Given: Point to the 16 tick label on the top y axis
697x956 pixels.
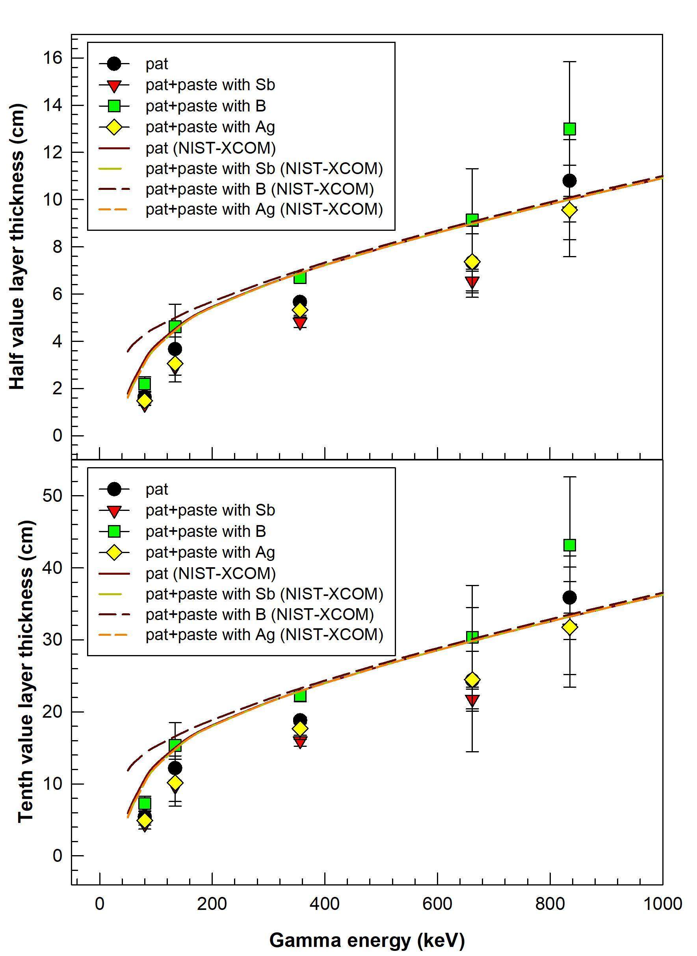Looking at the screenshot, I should click(52, 58).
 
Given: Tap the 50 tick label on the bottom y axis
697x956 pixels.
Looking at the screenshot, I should click(52, 495).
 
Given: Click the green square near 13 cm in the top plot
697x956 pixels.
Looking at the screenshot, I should click(570, 129).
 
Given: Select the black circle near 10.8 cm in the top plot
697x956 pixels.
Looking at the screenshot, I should click(570, 181).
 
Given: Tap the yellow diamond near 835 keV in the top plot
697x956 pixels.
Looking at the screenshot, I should click(570, 210).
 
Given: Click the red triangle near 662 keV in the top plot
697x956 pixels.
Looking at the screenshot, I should click(472, 281).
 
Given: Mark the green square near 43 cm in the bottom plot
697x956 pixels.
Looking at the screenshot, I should click(570, 545).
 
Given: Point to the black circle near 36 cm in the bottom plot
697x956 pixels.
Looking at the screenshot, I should click(570, 598).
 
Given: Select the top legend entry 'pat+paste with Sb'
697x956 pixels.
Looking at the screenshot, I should click(210, 85).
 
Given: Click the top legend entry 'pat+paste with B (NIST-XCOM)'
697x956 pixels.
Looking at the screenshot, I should click(260, 189).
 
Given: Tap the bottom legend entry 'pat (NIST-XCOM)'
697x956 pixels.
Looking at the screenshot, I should click(210, 573).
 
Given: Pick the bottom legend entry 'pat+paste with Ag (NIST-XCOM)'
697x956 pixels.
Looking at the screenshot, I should click(264, 635).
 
